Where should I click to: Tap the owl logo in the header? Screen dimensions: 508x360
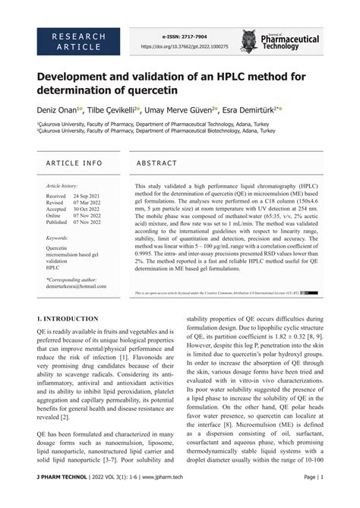(248, 41)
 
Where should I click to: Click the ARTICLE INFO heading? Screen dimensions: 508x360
(74, 163)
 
